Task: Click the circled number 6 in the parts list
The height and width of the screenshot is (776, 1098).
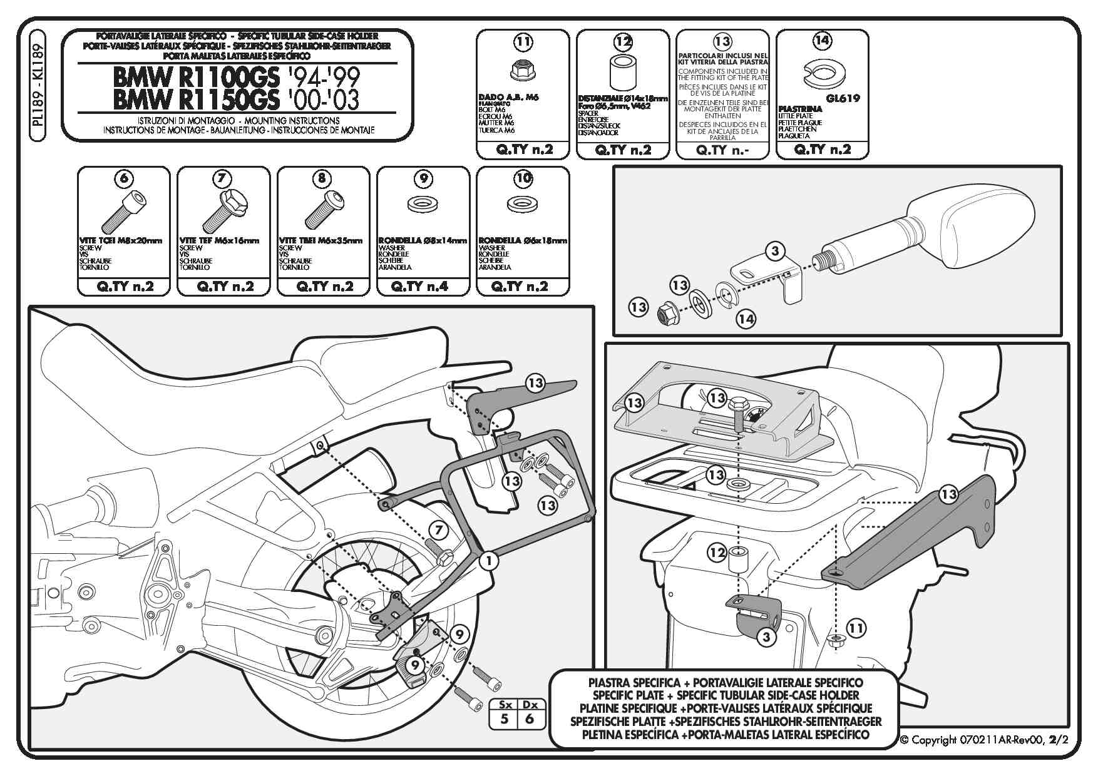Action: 124,179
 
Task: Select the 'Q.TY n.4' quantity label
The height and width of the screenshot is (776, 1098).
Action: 423,287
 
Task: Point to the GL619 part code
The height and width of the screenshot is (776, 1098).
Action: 843,98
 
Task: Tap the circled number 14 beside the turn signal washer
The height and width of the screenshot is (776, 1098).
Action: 746,319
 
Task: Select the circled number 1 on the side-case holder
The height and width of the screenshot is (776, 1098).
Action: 489,561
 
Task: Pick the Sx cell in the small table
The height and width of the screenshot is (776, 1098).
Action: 505,705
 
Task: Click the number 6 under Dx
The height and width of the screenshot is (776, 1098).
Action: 530,719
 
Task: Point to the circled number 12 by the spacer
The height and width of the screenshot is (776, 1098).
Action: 717,553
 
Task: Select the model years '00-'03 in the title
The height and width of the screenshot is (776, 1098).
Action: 324,100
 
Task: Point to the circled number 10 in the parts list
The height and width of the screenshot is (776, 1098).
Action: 523,179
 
